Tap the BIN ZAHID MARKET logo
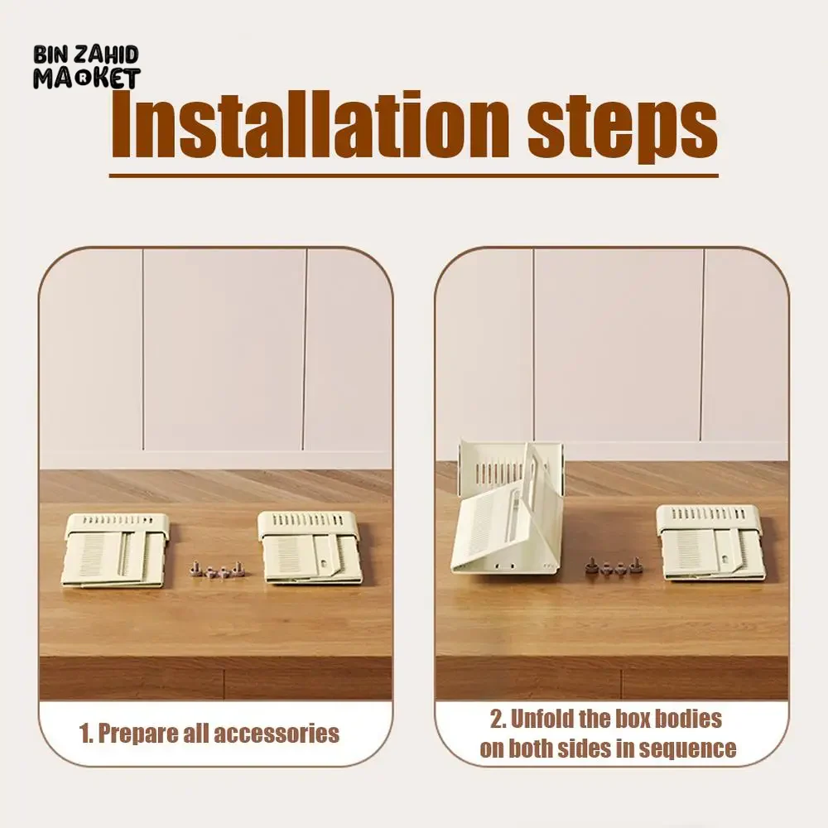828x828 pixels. (86, 67)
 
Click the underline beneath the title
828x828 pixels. (413, 176)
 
